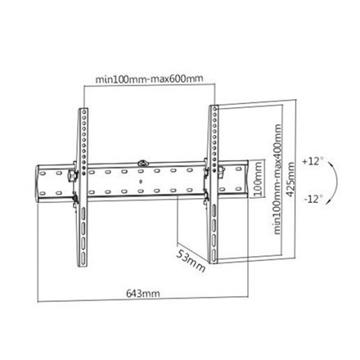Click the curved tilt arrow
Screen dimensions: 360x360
(333, 179)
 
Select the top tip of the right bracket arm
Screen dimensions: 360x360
(212, 107)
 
